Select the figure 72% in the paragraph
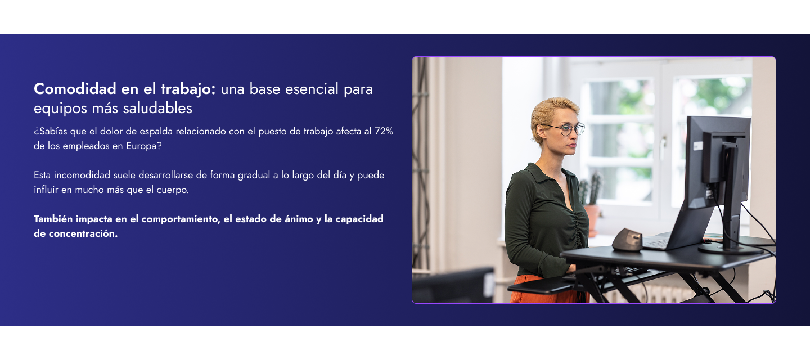point(384,131)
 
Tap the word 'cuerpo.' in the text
point(172,190)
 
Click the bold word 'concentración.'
point(76,233)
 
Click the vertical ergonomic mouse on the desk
point(627,240)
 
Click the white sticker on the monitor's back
point(697,146)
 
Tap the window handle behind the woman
point(664,147)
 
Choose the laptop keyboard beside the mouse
point(658,242)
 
